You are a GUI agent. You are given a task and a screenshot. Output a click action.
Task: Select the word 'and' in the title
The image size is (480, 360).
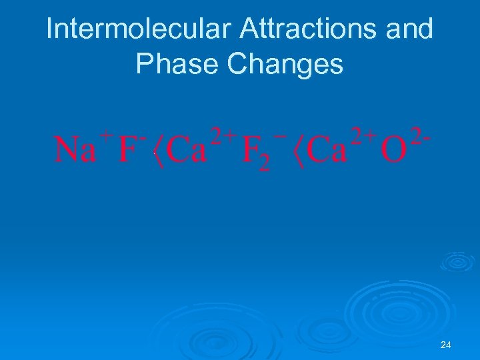409,29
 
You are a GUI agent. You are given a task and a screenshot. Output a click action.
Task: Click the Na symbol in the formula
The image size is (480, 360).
75,150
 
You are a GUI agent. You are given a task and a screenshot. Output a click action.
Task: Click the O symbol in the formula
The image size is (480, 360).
393,151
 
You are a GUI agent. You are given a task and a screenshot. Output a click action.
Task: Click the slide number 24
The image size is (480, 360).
446,345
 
